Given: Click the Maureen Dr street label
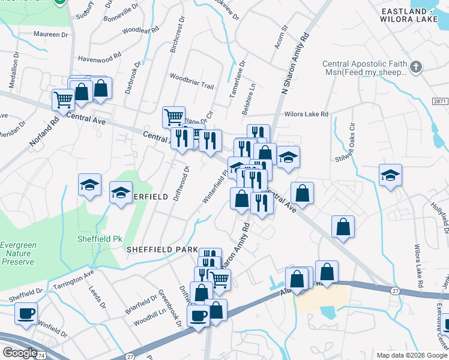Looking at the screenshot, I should (x=51, y=35).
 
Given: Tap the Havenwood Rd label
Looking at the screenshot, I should (x=100, y=59).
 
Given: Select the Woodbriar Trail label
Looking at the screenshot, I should (x=191, y=82).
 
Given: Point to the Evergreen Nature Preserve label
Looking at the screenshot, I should (x=17, y=253).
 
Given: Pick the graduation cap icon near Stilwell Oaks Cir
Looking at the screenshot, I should (x=390, y=175).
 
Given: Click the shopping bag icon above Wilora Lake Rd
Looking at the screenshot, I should (x=342, y=226).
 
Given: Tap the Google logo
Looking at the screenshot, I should (x=20, y=353).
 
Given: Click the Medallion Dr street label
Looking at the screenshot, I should (x=13, y=72).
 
